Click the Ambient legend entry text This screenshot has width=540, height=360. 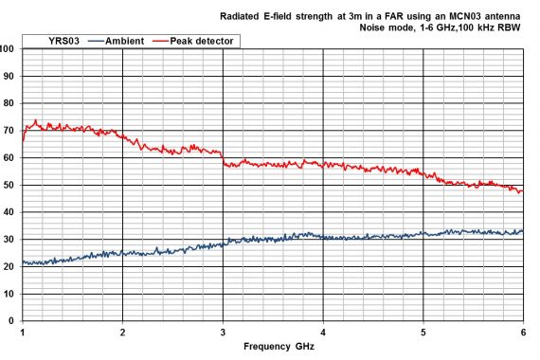[126, 41]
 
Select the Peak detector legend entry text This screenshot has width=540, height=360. [202, 41]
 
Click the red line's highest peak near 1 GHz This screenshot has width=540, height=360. [35, 120]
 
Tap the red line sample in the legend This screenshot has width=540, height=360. [157, 41]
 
